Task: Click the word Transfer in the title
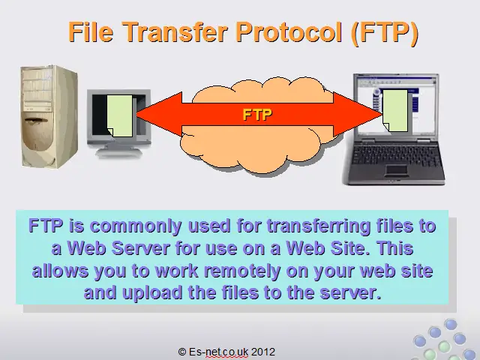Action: point(175,31)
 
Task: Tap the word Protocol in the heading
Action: point(289,31)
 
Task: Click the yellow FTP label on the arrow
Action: point(257,115)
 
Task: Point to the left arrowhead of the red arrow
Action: point(159,114)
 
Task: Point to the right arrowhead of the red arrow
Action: point(358,114)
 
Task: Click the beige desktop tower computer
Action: point(49,116)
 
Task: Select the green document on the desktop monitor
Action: point(120,115)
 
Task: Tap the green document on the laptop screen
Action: point(395,111)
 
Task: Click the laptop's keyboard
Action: point(395,154)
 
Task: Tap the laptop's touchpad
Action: point(397,170)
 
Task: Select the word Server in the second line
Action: point(140,248)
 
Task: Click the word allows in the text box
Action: point(60,270)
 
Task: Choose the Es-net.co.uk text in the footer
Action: point(218,352)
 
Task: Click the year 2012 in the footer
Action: point(263,352)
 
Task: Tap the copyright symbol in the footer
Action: point(182,352)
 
